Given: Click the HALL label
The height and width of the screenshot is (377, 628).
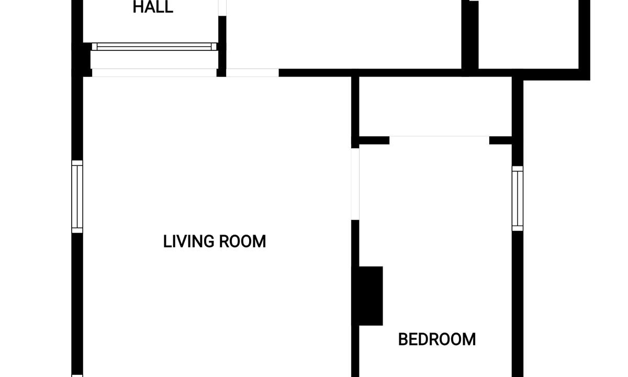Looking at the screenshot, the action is tap(153, 7).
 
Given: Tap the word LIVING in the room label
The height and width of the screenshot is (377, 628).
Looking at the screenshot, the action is tap(188, 241).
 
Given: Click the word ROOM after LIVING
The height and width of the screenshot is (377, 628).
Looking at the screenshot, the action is tap(242, 241).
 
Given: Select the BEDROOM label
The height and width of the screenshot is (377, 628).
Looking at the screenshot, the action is tap(437, 339).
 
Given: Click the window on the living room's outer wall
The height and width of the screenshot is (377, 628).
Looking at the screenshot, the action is tap(77, 197).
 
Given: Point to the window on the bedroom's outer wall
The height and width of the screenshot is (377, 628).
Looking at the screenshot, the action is tap(518, 198).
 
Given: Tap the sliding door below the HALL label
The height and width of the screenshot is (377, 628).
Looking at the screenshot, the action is tap(154, 47).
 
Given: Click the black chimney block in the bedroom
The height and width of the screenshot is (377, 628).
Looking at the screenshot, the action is tap(371, 296).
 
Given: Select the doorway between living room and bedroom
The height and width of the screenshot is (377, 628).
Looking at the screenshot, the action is tap(355, 184).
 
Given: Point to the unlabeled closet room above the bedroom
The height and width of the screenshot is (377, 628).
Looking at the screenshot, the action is tap(435, 106).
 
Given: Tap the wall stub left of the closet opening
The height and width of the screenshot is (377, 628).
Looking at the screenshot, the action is tap(374, 140).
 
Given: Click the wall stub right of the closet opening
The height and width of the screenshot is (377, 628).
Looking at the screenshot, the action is tap(501, 140).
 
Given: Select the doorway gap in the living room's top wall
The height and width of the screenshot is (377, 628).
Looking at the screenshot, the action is tap(252, 73).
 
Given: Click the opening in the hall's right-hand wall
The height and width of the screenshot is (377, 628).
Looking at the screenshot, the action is tap(222, 8).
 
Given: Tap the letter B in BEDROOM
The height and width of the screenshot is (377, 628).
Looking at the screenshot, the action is tap(403, 339).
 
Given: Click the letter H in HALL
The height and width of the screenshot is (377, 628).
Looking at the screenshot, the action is tap(138, 7).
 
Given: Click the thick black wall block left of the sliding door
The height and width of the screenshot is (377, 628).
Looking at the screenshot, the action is tap(82, 60).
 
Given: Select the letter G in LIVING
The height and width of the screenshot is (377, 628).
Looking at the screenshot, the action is tap(208, 241).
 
